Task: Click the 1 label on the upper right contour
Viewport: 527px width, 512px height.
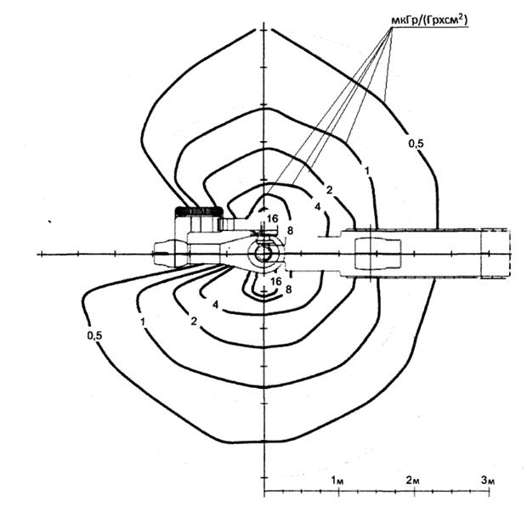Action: pyautogui.click(x=367, y=172)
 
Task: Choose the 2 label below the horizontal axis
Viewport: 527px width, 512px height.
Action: pyautogui.click(x=195, y=321)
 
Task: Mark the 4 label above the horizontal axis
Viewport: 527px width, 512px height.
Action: pyautogui.click(x=316, y=206)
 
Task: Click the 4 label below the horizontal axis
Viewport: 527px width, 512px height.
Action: pyautogui.click(x=216, y=304)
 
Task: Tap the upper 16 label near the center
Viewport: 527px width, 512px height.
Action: pyautogui.click(x=272, y=219)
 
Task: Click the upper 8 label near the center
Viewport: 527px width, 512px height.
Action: pyautogui.click(x=290, y=229)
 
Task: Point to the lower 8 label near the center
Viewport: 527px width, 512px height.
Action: pyautogui.click(x=289, y=290)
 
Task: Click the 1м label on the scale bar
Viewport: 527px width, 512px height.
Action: pyautogui.click(x=337, y=481)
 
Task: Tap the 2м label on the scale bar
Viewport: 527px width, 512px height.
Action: pyautogui.click(x=413, y=481)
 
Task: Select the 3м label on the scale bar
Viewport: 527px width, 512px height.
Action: pyautogui.click(x=487, y=481)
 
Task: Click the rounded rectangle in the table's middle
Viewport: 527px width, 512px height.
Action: pyautogui.click(x=373, y=253)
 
